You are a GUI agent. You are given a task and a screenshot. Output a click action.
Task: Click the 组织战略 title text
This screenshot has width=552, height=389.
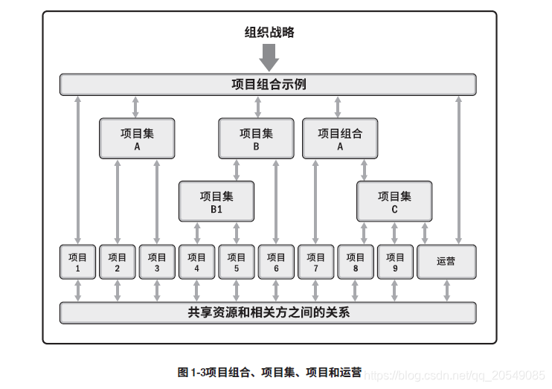click(x=269, y=32)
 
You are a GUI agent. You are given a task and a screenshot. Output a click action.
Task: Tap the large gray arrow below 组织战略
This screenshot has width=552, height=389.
click(x=269, y=57)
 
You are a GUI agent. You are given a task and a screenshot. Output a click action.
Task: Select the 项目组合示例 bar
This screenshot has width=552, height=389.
click(x=268, y=85)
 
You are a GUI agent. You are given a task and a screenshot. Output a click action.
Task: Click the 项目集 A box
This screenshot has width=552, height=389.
click(x=137, y=138)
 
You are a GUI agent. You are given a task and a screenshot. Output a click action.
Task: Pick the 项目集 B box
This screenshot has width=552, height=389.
click(x=256, y=138)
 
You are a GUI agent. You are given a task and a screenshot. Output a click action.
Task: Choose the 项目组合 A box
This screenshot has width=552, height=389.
click(x=339, y=138)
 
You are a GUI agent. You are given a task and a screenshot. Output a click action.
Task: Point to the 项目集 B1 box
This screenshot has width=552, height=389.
click(x=216, y=202)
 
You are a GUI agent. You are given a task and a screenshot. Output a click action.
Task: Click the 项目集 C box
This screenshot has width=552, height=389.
click(x=394, y=202)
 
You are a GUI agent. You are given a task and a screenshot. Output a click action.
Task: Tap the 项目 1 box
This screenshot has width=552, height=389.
click(x=77, y=262)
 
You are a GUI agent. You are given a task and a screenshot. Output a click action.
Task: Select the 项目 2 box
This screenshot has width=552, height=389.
click(x=118, y=262)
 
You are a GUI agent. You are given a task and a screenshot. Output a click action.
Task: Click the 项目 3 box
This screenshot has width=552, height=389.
click(x=157, y=262)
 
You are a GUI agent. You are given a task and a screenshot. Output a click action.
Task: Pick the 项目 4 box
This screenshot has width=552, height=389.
click(x=196, y=262)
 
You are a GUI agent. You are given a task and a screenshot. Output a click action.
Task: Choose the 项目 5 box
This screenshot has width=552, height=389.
click(x=237, y=262)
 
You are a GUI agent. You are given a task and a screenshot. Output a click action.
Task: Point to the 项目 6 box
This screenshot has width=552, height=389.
click(x=276, y=262)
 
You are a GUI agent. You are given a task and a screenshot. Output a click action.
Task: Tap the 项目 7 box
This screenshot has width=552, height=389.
click(x=316, y=262)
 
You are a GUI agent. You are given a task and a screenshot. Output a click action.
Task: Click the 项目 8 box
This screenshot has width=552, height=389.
click(x=356, y=262)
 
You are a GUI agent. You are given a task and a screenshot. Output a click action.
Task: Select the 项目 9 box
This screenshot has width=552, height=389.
click(x=395, y=262)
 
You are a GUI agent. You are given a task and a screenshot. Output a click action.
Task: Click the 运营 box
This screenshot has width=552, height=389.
click(x=446, y=262)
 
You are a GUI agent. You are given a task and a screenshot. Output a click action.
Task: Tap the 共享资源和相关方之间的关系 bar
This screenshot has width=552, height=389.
click(x=268, y=312)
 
